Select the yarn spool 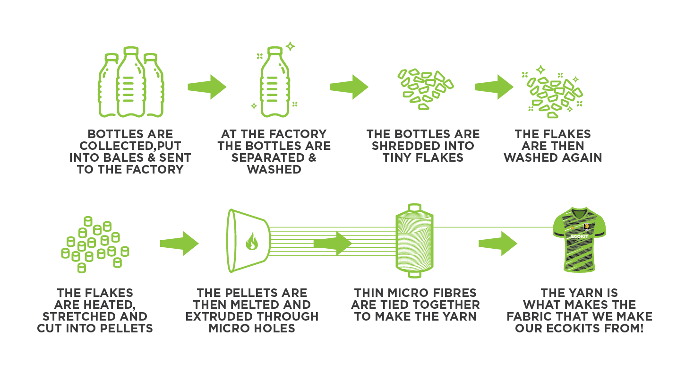pyautogui.click(x=414, y=241)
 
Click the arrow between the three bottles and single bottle pyautogui.click(x=206, y=87)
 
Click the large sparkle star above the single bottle pyautogui.click(x=290, y=46)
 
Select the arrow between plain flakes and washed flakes pyautogui.click(x=493, y=87)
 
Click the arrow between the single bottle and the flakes pyautogui.click(x=349, y=87)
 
